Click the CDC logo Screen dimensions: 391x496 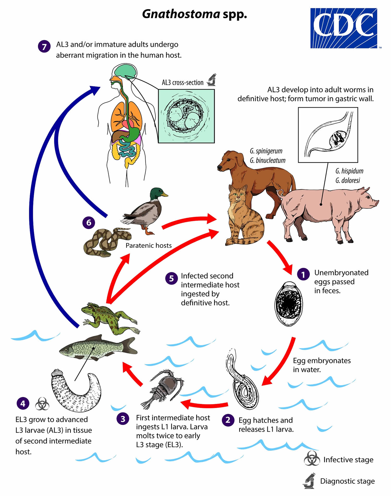point(344,28)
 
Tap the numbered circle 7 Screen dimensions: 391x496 point(44,47)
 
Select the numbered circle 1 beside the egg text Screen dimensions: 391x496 point(303,275)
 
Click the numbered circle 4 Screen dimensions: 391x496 point(23,403)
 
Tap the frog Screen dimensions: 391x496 point(109,318)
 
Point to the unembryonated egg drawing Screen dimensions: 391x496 point(289,304)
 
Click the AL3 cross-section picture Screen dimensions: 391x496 point(186,116)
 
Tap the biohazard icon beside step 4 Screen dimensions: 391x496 point(42,404)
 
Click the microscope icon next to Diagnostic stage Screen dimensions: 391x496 point(309,481)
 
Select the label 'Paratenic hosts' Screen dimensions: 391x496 point(149,245)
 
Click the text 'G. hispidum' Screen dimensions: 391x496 point(349,171)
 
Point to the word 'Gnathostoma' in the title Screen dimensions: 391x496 point(181,14)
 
